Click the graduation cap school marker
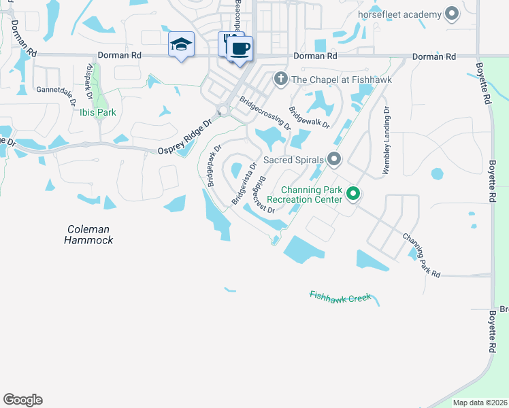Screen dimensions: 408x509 [x=181, y=45]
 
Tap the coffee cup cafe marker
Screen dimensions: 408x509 [x=239, y=49]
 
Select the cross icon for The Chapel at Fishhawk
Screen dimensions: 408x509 [x=280, y=80]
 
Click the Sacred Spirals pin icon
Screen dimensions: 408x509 [x=333, y=160]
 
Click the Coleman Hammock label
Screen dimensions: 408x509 [x=88, y=235]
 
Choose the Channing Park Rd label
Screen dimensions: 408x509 [x=422, y=255]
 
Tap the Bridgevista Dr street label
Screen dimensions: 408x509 [x=244, y=182]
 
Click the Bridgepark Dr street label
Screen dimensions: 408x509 [x=214, y=165]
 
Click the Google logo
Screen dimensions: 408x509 [x=22, y=400]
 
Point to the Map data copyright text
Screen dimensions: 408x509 [x=480, y=403]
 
